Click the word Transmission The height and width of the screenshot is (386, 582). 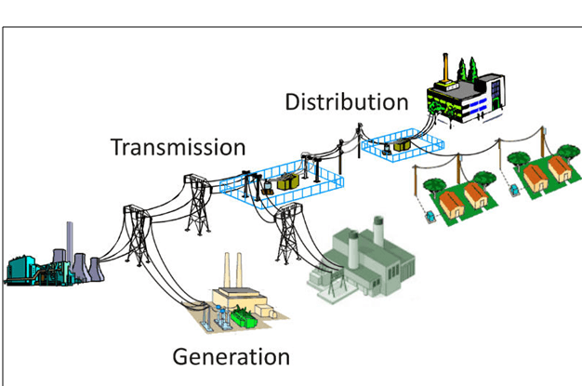[178, 147]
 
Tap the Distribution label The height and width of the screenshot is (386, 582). [346, 101]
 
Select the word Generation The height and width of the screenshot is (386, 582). [231, 357]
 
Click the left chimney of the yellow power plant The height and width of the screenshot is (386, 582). [226, 270]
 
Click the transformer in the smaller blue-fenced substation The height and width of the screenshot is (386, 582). [402, 145]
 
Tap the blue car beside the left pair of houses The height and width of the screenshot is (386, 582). [429, 215]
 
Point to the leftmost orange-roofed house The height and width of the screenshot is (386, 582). [454, 198]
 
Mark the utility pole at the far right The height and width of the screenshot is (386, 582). [569, 149]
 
